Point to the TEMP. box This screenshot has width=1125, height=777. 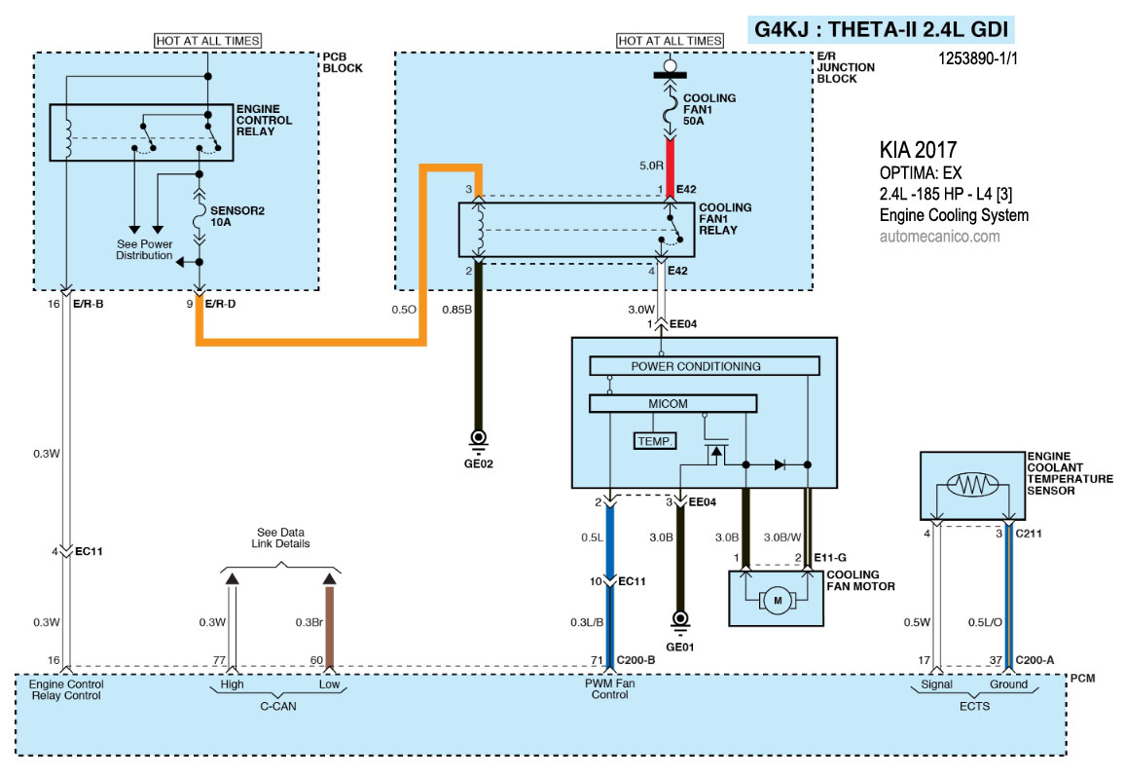[x=655, y=441]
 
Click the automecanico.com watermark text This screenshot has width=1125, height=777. [x=939, y=236]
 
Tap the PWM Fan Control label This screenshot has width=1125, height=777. [x=609, y=688]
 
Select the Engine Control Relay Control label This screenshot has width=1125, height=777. [x=66, y=688]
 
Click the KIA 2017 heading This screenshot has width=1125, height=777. [x=918, y=151]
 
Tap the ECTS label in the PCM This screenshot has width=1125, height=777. [x=971, y=707]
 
